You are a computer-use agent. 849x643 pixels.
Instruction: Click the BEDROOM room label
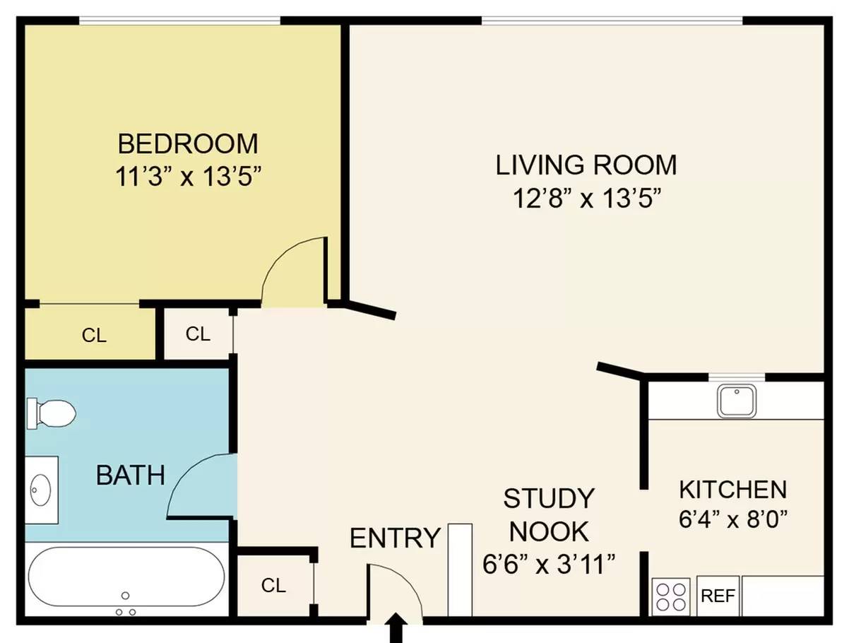tap(188, 143)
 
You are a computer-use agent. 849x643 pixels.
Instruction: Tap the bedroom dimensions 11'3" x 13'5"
tap(189, 176)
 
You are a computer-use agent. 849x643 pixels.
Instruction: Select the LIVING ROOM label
tap(586, 165)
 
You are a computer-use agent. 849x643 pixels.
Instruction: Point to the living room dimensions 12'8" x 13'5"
tap(587, 198)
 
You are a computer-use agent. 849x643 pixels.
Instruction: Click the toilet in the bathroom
tap(51, 413)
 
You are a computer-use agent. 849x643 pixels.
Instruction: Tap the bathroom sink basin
tap(40, 490)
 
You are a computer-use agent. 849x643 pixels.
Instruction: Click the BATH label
tap(131, 475)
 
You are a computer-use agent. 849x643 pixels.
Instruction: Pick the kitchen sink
tap(737, 401)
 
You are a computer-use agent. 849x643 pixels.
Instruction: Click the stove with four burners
tap(671, 596)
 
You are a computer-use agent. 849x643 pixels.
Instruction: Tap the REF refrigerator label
tap(718, 596)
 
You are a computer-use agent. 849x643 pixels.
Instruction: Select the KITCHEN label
tap(733, 490)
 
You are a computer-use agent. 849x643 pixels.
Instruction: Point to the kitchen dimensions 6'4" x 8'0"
tap(733, 519)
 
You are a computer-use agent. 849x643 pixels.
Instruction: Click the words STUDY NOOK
tap(549, 515)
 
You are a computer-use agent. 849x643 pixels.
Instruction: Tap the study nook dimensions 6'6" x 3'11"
tap(549, 564)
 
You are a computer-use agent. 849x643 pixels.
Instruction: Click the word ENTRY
tap(395, 538)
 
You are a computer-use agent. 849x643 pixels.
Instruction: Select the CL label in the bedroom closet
tap(94, 335)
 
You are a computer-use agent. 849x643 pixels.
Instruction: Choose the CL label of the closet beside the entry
tap(273, 585)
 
